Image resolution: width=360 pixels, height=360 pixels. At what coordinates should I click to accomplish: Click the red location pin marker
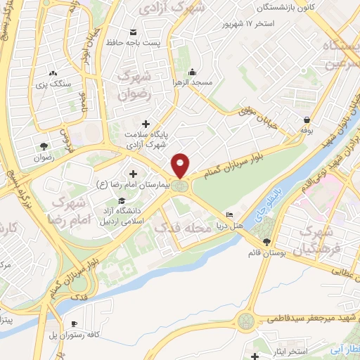[181, 165]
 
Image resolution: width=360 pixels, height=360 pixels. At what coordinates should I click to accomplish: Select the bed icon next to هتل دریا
[229, 214]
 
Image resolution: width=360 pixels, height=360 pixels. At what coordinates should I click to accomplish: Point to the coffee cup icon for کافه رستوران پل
[75, 323]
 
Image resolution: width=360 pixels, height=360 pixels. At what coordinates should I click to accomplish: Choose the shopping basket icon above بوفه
[307, 120]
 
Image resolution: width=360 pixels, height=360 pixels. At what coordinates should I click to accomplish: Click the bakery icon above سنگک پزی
[54, 72]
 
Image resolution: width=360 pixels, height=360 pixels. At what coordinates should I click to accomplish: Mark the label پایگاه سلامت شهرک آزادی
[145, 139]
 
